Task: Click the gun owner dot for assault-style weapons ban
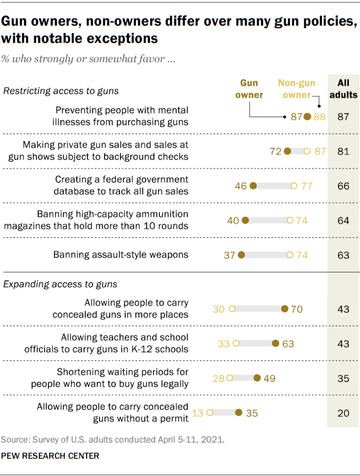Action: tap(241, 255)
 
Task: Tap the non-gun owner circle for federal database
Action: tap(293, 186)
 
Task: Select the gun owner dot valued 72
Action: tap(287, 151)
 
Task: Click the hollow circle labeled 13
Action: tap(209, 412)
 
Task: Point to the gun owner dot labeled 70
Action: tap(285, 309)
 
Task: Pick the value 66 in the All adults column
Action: tap(343, 186)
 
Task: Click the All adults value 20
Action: tap(343, 413)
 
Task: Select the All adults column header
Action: tap(343, 89)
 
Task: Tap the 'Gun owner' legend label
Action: tap(249, 89)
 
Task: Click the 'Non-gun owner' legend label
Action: tap(296, 89)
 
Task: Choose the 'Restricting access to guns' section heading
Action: tap(61, 91)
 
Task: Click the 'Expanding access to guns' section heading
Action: tap(60, 284)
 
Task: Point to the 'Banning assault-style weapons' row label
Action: tap(120, 255)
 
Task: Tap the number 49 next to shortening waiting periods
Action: tap(269, 378)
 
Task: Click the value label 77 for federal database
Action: tap(307, 186)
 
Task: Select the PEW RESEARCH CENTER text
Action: tap(50, 456)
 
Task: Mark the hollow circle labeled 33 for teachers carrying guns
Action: tap(236, 344)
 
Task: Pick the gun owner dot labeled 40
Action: tap(245, 220)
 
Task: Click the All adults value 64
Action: tap(343, 220)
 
